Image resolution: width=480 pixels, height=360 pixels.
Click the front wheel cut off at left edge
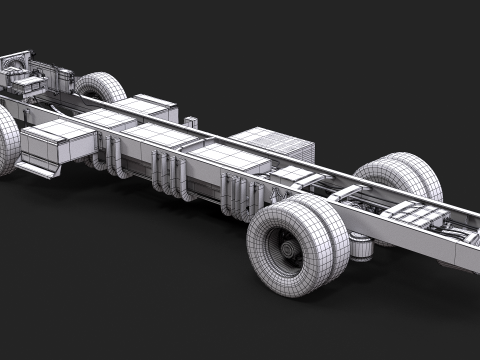tap(6, 140)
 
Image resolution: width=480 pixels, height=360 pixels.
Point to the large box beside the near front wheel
tap(58, 145)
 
